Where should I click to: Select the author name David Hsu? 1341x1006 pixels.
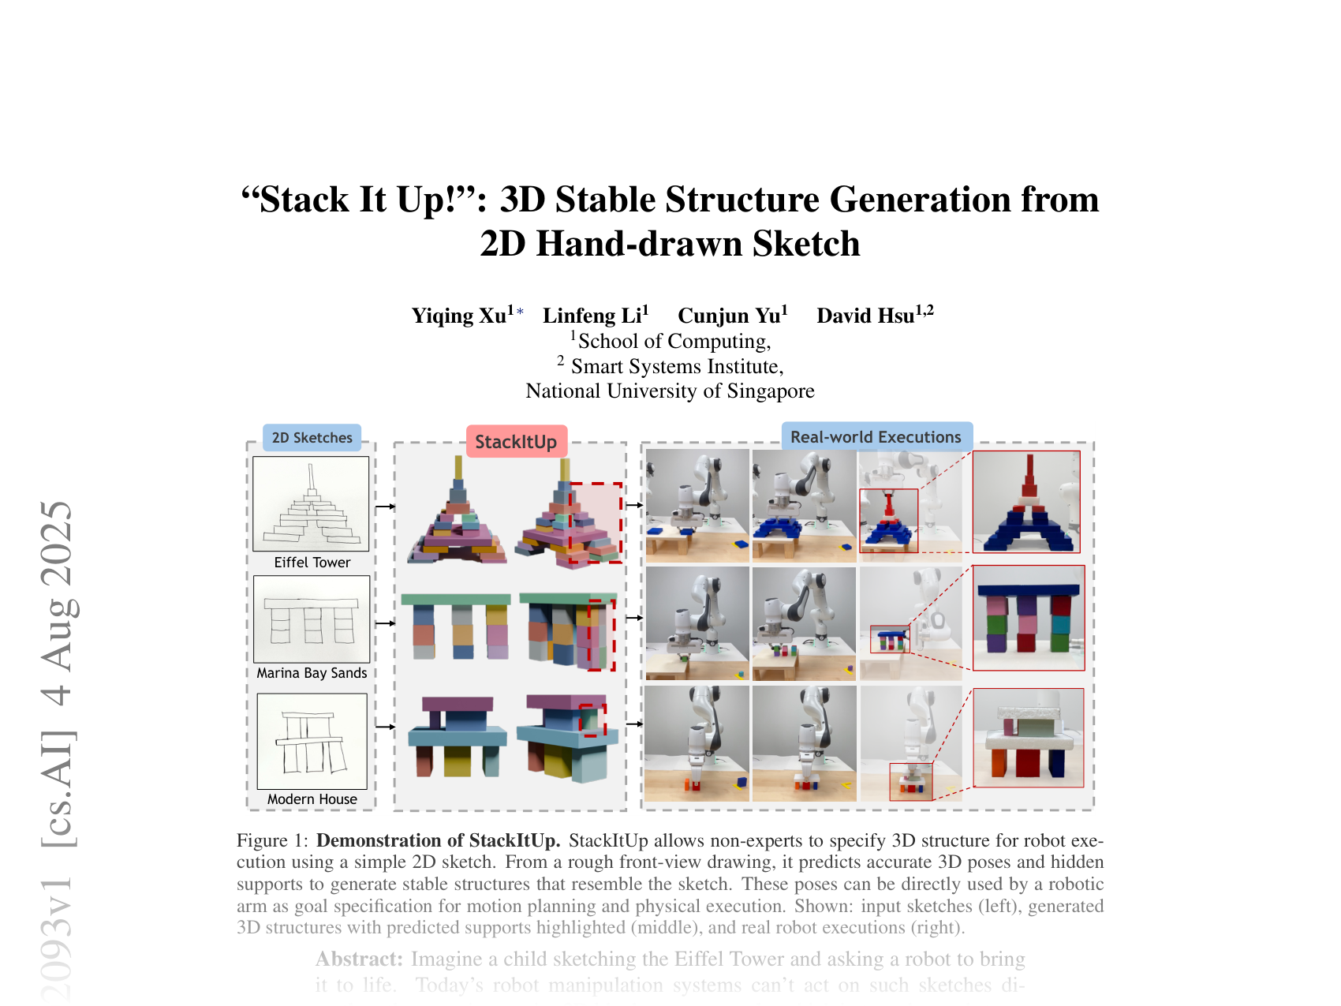click(865, 316)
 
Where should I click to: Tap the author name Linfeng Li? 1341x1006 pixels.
click(592, 316)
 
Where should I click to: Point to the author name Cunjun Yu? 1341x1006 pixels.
click(729, 316)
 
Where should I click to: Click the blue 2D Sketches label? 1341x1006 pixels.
click(312, 438)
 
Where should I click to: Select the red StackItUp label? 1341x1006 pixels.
click(516, 442)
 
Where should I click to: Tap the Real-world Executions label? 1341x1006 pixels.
click(876, 437)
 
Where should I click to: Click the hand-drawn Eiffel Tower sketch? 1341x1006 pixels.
click(311, 503)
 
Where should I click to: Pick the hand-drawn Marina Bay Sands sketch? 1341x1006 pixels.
click(312, 619)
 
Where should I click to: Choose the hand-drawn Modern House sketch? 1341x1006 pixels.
click(312, 741)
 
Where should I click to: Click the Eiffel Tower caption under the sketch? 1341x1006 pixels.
click(312, 563)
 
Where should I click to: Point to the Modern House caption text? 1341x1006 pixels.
click(312, 799)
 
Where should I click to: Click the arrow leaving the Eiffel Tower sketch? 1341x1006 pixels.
click(385, 507)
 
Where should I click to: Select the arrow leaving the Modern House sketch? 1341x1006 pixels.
click(385, 727)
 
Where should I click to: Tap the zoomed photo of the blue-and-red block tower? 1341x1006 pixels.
click(1026, 502)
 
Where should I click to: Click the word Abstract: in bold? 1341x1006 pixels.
click(360, 959)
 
